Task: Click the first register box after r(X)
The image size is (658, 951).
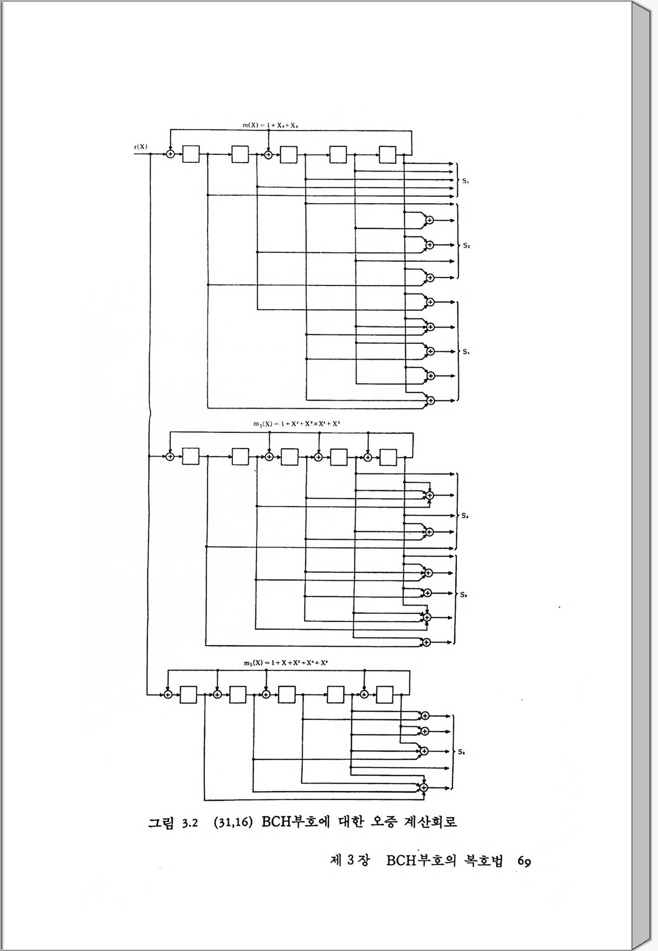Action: click(191, 154)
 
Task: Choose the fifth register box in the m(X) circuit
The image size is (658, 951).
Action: click(388, 154)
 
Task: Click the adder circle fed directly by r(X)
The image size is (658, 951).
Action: click(170, 154)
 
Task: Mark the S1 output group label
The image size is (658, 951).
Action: click(466, 181)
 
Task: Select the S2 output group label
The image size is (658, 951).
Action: click(466, 245)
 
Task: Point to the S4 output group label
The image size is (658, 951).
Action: click(466, 352)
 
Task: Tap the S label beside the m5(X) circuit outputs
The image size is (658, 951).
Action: click(461, 751)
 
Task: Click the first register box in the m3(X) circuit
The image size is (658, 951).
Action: click(191, 457)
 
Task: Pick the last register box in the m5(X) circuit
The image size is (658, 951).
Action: click(385, 695)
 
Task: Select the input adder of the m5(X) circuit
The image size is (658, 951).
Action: click(168, 695)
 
